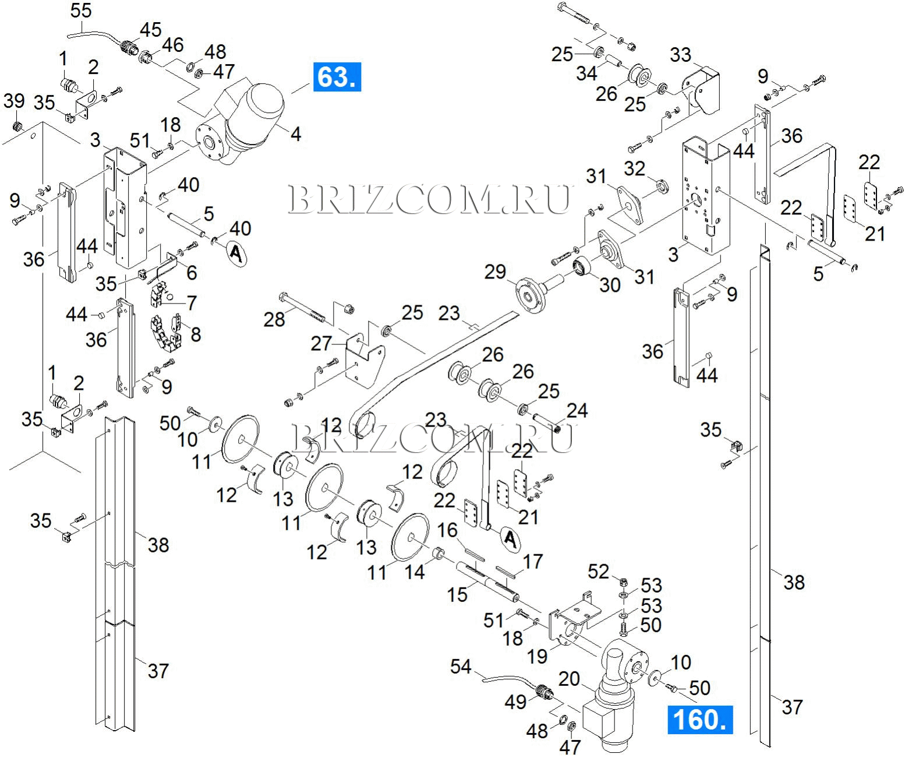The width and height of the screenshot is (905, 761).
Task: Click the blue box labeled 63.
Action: (337, 76)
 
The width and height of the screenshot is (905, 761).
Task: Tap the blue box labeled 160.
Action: (699, 720)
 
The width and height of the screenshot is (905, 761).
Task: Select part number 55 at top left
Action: (80, 10)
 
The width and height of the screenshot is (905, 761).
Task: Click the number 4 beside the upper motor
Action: (295, 134)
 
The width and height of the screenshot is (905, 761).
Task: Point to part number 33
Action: (680, 55)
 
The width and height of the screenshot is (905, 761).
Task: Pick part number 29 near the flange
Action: (496, 272)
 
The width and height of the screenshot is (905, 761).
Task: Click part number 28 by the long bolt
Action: (274, 319)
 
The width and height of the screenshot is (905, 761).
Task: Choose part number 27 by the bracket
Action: (321, 344)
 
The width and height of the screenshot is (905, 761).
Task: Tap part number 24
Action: (577, 411)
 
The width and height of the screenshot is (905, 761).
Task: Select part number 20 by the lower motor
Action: (570, 679)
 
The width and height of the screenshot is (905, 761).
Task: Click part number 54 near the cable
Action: (460, 667)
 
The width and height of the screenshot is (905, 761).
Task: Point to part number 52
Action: (598, 572)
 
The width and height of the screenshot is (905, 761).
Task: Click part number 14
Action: (415, 572)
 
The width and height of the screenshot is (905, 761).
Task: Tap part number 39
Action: (14, 101)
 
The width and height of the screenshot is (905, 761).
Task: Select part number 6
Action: (191, 272)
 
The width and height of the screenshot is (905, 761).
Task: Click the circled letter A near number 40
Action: (235, 253)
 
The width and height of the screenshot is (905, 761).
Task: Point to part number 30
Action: (610, 285)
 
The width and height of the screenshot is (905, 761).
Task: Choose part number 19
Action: (537, 656)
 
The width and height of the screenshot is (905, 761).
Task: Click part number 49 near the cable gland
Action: (515, 702)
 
